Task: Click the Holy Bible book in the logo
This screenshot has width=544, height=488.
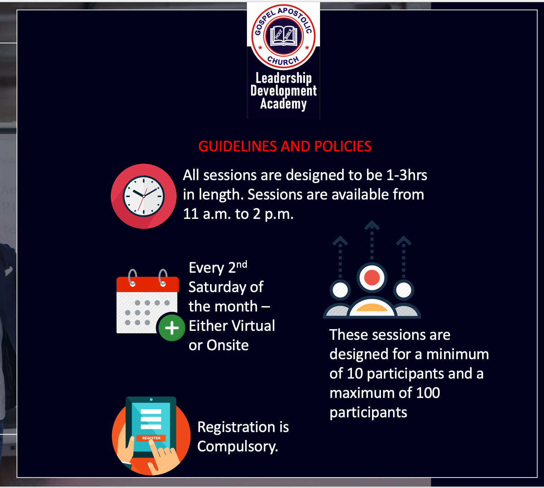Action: pos(283,36)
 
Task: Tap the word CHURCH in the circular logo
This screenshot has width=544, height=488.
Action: pos(283,61)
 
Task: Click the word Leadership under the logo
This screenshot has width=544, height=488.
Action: pos(283,78)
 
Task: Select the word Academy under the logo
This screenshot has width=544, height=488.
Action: pos(283,104)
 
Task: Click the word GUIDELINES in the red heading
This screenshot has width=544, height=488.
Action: pos(237,146)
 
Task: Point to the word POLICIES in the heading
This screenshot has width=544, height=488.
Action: pos(343,146)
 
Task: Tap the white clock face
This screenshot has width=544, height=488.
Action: pos(144,196)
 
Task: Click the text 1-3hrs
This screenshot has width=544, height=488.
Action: pos(406,175)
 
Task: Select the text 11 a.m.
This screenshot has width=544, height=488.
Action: pos(207,214)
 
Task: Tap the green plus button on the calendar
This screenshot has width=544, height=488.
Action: pos(172,328)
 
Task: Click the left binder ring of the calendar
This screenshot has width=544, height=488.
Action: pos(132,277)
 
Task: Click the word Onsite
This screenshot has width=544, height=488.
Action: pos(228,345)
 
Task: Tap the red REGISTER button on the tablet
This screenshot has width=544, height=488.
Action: pos(151,438)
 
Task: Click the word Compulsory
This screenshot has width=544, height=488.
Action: pos(238,447)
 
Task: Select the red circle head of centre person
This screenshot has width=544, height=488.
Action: pos(372,277)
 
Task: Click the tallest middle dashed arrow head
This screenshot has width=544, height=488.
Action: pos(372,225)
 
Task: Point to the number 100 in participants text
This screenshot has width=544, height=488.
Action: pos(428,393)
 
